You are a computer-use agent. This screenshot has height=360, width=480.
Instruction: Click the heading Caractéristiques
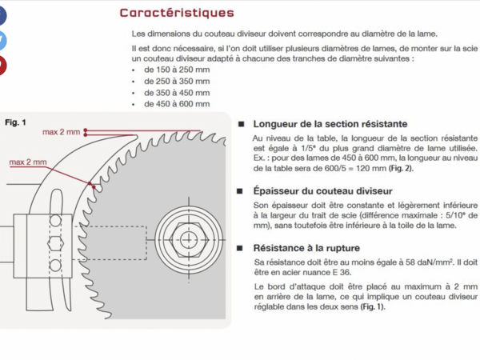point(177,13)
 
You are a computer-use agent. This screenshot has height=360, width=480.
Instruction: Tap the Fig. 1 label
point(16,122)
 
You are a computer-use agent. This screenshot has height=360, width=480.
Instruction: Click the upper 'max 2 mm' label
point(62,131)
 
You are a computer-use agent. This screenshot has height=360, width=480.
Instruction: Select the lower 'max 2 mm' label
point(28,162)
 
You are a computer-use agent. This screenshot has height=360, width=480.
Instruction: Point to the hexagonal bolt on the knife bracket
point(54,243)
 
